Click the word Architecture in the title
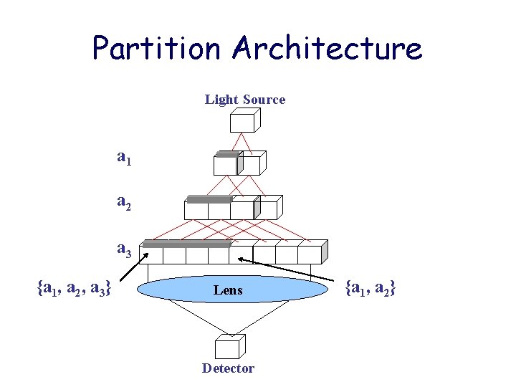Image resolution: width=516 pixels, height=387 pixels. coord(327,48)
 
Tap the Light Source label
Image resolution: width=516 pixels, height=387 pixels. coord(245,100)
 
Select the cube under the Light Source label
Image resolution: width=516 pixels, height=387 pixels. coord(242,122)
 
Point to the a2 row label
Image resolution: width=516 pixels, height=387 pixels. coord(124,204)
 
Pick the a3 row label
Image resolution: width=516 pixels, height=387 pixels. coord(124,249)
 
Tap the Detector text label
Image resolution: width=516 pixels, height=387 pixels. coord(228,368)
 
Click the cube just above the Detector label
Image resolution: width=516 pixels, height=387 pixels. coord(228,348)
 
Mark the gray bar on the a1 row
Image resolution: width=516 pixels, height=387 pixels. coord(227,154)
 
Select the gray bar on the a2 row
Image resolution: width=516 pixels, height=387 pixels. coord(209,199)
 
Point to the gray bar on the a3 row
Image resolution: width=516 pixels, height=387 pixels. coord(186,244)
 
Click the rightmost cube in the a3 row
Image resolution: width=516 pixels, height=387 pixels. coord(311,254)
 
